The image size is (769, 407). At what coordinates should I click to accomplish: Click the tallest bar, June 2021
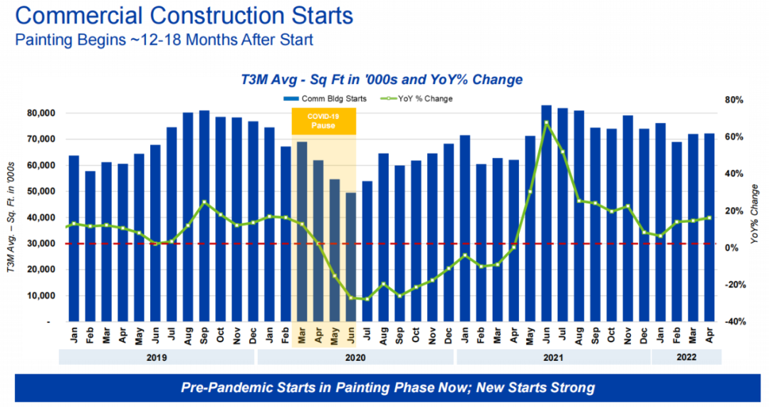tap(546, 213)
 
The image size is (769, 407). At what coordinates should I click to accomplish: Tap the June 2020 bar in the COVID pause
tap(350, 256)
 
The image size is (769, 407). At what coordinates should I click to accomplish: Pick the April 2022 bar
tap(709, 228)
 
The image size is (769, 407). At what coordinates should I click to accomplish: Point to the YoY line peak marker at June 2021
tap(546, 122)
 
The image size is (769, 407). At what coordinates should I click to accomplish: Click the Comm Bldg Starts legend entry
tap(325, 98)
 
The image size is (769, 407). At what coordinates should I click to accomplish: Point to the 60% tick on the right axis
tap(733, 137)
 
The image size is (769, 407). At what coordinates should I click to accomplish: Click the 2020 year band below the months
tap(356, 357)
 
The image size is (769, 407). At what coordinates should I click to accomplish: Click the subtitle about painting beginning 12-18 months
tap(164, 39)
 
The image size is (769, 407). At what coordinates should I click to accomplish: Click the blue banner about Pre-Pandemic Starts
tap(387, 388)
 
